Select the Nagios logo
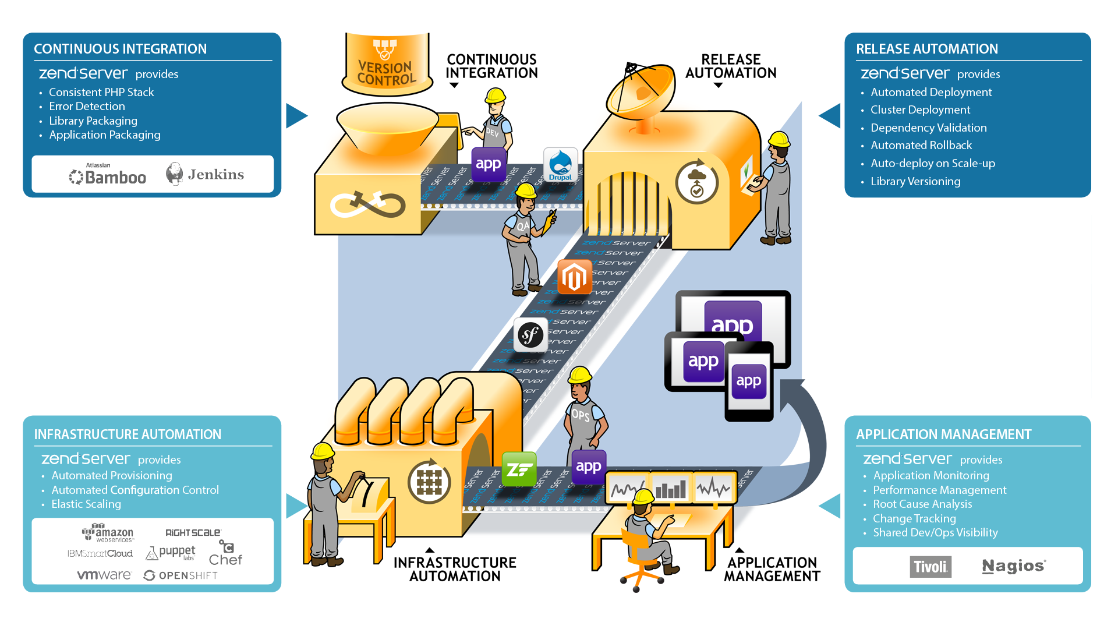tap(1013, 566)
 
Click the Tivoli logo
tap(931, 567)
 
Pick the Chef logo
tap(225, 554)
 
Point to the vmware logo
tap(104, 575)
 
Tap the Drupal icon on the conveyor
tap(560, 165)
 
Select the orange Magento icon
tap(574, 277)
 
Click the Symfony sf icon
tap(530, 335)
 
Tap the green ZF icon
tap(519, 469)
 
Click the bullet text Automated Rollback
tap(921, 145)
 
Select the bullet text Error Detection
tap(87, 106)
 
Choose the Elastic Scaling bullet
tap(86, 504)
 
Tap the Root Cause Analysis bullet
tap(922, 504)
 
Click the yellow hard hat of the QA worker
tap(525, 190)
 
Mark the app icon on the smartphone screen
tap(749, 381)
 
